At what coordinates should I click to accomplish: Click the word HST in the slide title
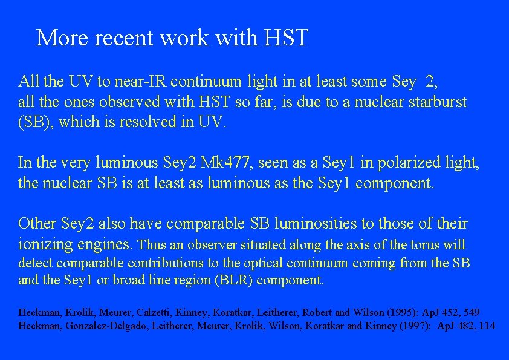pos(287,38)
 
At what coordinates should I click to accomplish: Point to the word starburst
pos(436,102)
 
